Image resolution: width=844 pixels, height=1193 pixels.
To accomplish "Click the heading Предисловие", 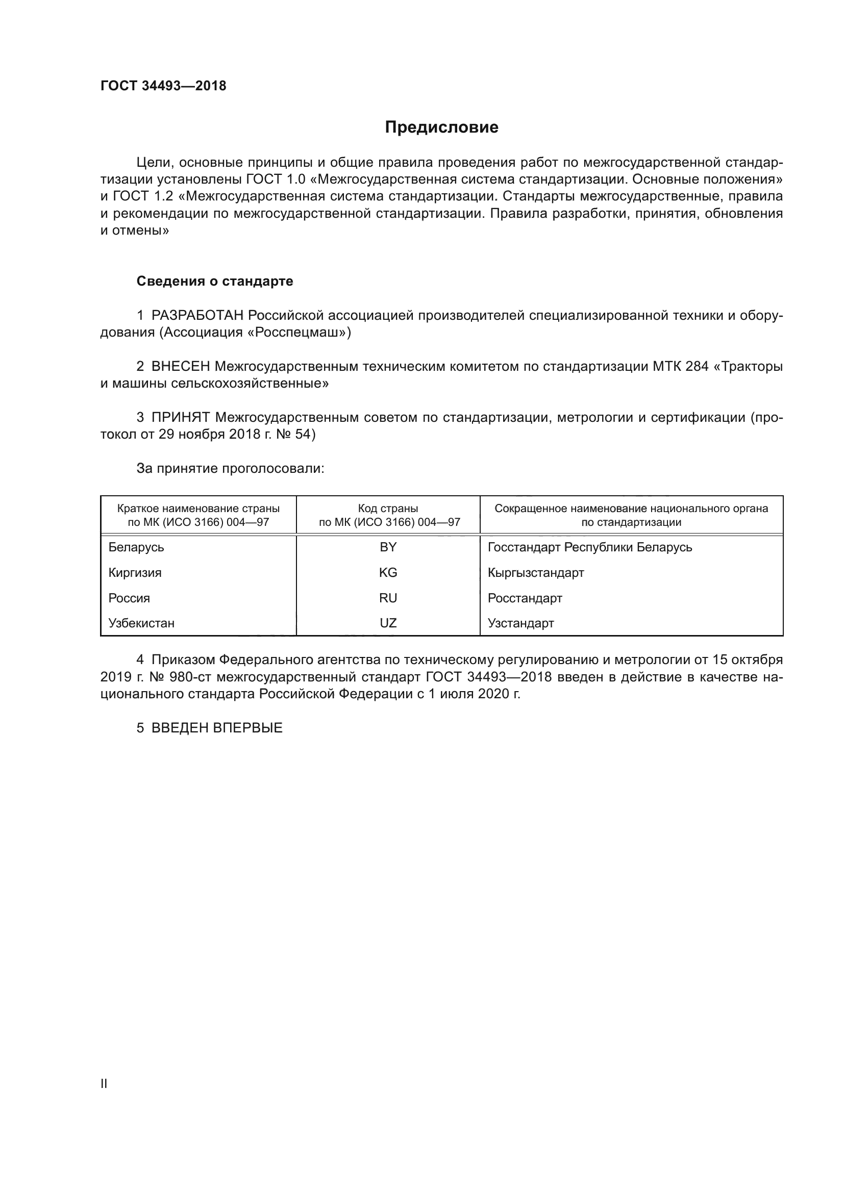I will [441, 128].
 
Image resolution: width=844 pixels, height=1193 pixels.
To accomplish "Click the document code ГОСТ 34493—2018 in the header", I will [163, 86].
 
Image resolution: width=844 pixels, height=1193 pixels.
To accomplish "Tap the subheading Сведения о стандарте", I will [215, 281].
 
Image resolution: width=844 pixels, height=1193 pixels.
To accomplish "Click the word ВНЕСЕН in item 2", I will [180, 366].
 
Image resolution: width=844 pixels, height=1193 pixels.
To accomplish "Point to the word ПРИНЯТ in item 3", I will [180, 417].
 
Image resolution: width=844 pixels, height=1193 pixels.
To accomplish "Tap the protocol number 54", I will [303, 435].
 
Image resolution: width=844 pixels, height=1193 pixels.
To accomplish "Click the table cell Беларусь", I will [136, 547].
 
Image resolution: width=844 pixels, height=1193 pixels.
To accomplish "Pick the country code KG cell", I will [388, 573].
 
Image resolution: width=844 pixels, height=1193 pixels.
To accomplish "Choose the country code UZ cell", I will [388, 623].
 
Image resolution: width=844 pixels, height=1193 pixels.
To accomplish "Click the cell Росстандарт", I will [525, 598].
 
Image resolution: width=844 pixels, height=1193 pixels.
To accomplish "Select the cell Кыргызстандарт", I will [536, 573].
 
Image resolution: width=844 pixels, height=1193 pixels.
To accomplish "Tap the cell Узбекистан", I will [141, 623].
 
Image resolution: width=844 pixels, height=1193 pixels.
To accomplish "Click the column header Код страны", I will [388, 509].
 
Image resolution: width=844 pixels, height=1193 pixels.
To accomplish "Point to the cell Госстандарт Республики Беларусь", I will [590, 547].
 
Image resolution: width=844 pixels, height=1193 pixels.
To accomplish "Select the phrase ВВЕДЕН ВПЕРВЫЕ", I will [217, 728].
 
